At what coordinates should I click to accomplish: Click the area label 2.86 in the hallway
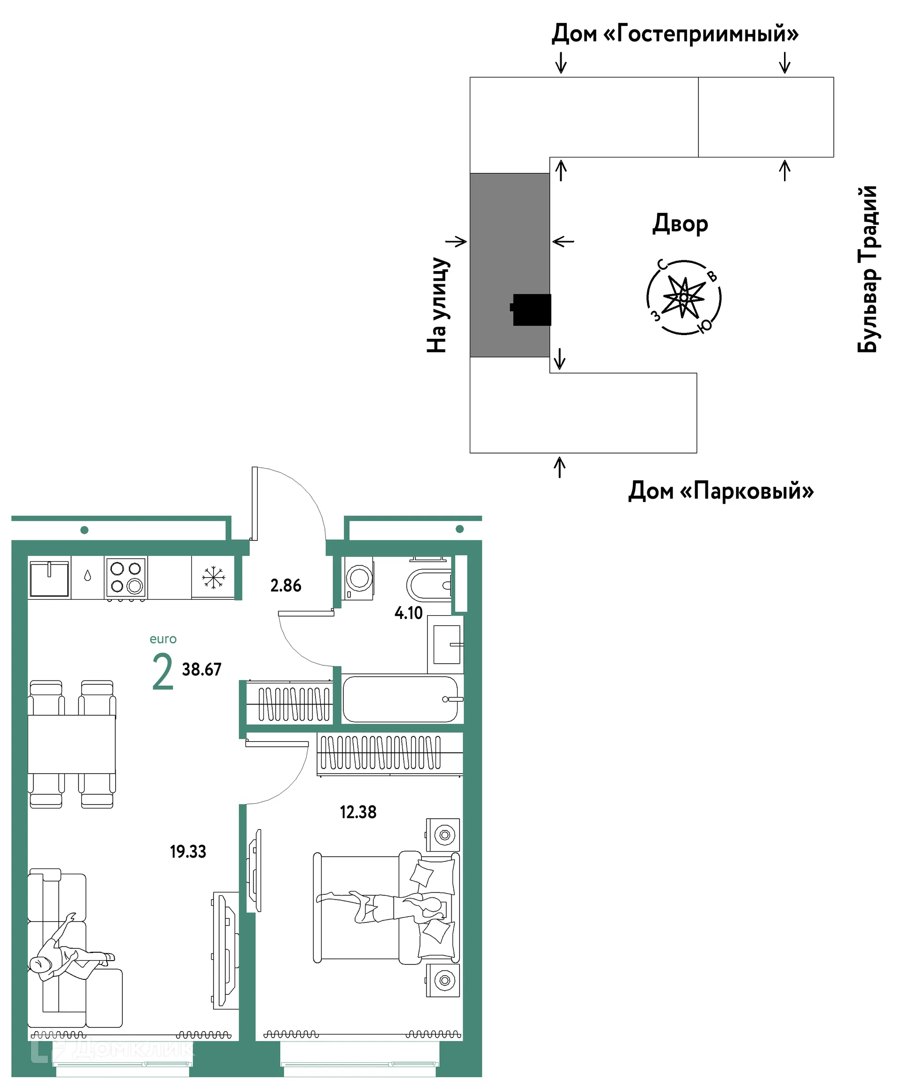[x=285, y=586]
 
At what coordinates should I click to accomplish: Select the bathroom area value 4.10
[x=409, y=613]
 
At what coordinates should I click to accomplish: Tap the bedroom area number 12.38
[x=358, y=812]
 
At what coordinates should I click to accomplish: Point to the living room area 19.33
[x=188, y=851]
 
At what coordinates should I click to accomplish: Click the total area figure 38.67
[x=202, y=669]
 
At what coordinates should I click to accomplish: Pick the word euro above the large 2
[x=163, y=639]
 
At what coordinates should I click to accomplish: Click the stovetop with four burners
[x=126, y=578]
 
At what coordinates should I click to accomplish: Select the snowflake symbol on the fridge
[x=213, y=578]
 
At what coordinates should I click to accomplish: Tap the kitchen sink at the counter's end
[x=49, y=578]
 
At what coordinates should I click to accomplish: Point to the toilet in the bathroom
[x=429, y=586]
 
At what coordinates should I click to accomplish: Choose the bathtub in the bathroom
[x=400, y=699]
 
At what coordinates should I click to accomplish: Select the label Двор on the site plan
[x=680, y=224]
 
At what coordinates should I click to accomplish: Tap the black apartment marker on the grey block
[x=531, y=309]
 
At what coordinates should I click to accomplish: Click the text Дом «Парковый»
[x=721, y=490]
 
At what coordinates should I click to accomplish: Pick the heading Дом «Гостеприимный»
[x=675, y=34]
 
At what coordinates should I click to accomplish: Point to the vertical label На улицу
[x=437, y=305]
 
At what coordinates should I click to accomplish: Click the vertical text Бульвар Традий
[x=867, y=269]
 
